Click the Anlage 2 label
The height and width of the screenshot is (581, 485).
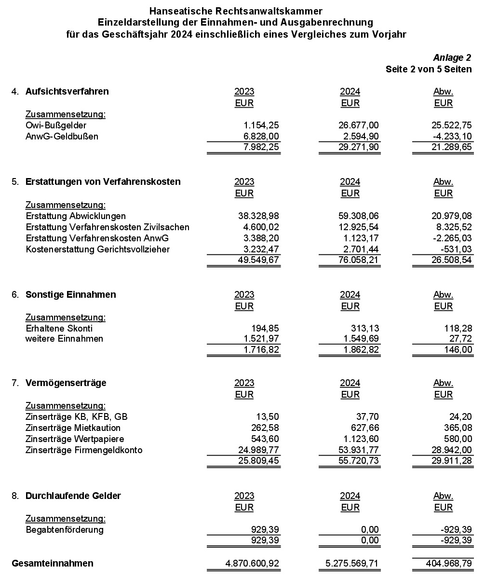[452, 58]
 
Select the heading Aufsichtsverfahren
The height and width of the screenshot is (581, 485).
[67, 91]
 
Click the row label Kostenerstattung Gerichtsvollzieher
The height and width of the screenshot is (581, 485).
[97, 249]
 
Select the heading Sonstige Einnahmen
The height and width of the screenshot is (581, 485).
[70, 294]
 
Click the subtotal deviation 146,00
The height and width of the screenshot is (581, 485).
[459, 349]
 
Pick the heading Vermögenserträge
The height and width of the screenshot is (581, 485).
[66, 383]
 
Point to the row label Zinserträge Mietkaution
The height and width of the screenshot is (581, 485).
[73, 428]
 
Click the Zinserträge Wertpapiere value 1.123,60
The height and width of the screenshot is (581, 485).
[362, 439]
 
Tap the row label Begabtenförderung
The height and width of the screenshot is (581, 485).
[64, 529]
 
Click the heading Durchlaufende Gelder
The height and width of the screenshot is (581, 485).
[73, 496]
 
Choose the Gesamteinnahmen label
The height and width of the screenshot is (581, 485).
[52, 563]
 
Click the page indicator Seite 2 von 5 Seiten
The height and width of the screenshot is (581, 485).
[428, 69]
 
